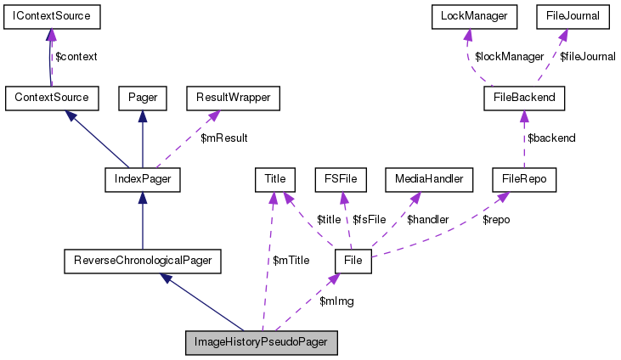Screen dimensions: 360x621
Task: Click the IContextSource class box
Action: point(52,16)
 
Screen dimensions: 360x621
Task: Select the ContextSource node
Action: point(52,98)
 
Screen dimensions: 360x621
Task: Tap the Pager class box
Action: point(142,98)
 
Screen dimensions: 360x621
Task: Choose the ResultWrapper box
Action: point(233,98)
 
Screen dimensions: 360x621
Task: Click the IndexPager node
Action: point(142,179)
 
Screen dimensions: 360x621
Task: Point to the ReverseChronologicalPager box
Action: point(143,261)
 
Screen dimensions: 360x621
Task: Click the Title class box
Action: point(274,179)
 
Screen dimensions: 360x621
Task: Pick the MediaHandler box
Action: point(428,179)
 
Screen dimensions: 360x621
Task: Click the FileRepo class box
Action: point(523,179)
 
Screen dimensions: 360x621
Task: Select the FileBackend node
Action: point(524,98)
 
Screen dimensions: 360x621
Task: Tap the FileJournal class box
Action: point(573,16)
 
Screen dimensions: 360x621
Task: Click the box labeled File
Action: point(354,261)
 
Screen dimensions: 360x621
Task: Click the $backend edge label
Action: point(551,138)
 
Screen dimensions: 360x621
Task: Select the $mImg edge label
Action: point(336,301)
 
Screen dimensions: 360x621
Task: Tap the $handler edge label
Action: point(421,219)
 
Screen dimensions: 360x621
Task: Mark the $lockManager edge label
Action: point(509,56)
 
